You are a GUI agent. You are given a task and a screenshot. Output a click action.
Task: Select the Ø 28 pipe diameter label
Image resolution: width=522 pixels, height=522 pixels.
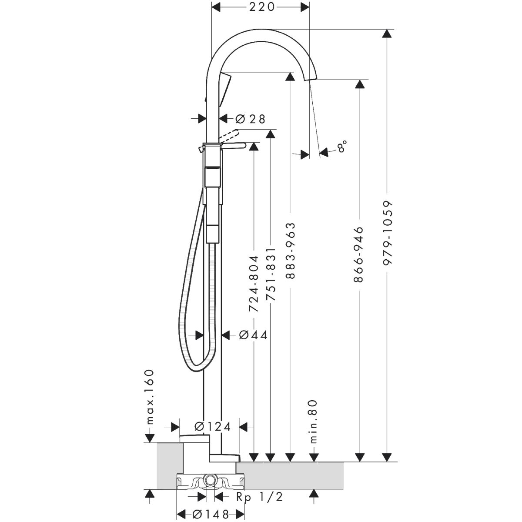[250, 119]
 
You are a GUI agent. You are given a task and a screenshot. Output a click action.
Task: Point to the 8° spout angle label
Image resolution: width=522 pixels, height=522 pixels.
[342, 146]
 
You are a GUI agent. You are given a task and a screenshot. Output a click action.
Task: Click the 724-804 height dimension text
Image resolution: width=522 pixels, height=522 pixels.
[254, 284]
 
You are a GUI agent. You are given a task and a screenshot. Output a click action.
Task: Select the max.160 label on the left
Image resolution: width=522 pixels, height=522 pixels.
[150, 397]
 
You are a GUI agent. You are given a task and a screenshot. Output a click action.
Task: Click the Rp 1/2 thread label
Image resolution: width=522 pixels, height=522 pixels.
[259, 497]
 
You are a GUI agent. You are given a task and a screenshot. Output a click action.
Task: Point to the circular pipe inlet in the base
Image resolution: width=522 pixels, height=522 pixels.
[211, 480]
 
